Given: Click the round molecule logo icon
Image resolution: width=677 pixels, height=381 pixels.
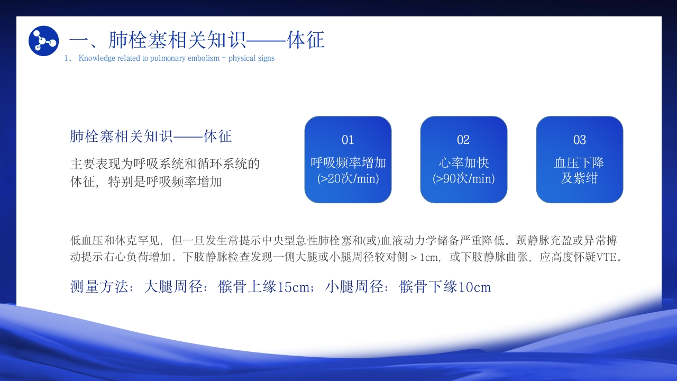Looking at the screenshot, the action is (43, 41).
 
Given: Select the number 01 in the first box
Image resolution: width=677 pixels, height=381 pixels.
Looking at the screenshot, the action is (347, 140).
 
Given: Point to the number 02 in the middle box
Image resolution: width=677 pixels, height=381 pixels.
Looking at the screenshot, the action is (463, 140).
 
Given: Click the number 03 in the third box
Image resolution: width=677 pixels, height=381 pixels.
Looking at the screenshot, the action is (579, 140).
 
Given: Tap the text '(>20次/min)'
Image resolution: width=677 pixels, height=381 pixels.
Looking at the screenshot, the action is (348, 178).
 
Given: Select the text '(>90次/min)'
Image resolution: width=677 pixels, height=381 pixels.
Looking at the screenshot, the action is (464, 178).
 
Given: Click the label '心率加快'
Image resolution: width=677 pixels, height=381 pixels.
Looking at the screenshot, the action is (464, 162).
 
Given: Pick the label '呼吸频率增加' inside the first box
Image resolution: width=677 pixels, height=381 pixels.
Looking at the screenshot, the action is (348, 162).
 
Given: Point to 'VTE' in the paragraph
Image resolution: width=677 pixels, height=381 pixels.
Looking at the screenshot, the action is (606, 257).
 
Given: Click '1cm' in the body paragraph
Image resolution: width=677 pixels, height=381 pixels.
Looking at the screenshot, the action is (429, 257).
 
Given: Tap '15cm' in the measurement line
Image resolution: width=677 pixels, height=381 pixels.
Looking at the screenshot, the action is (293, 287).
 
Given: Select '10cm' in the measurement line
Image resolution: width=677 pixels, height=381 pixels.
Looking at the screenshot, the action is (474, 287).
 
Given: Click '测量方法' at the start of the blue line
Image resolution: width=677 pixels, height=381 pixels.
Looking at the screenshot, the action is (99, 287).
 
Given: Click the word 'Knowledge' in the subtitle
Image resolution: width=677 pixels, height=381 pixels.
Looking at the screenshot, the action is (97, 58).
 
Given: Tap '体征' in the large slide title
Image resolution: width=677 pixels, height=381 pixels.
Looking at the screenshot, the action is (306, 40).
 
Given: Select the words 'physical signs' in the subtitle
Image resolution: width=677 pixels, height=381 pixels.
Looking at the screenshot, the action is (251, 58).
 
